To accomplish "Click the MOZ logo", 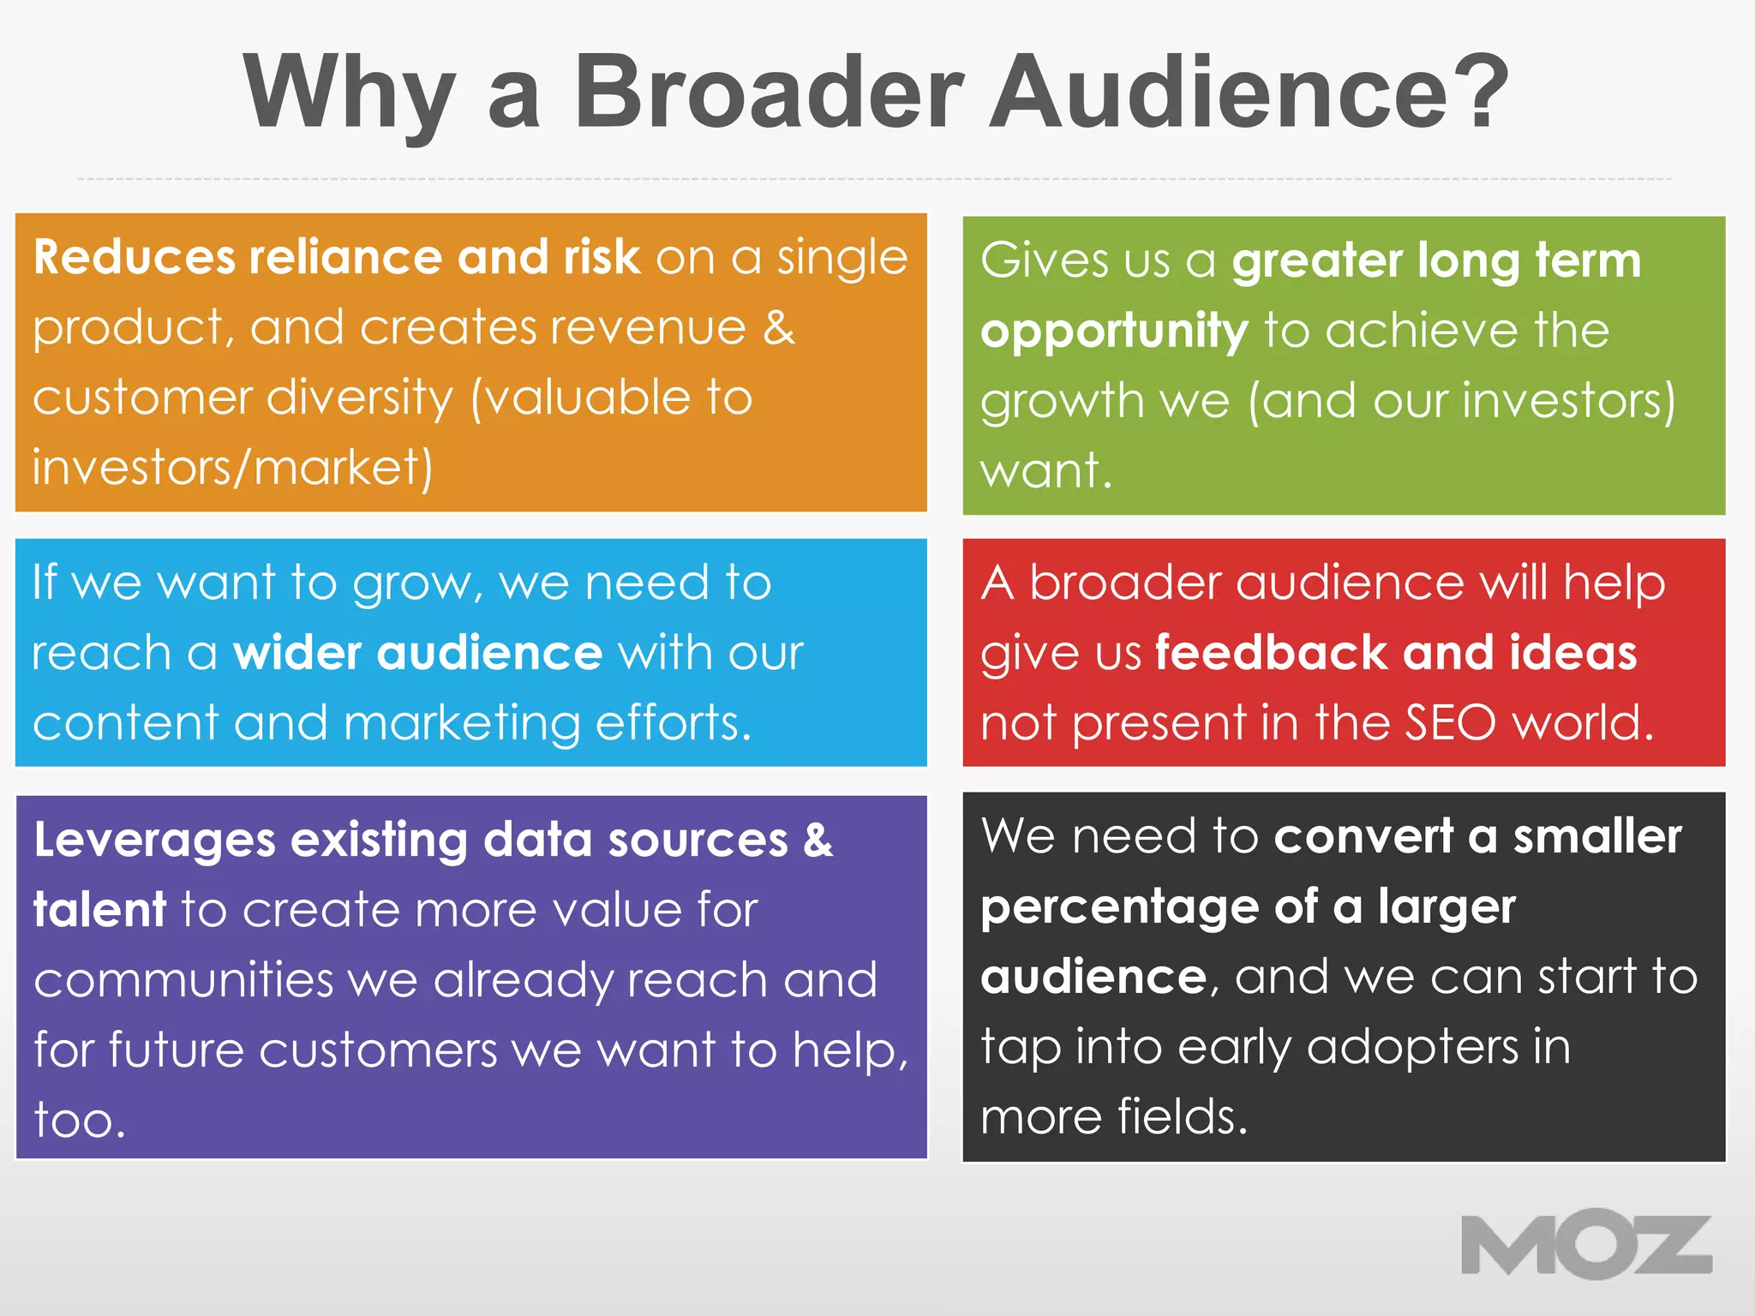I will coord(1586,1244).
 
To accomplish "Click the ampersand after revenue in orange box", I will coord(778,327).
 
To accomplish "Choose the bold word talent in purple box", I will coord(99,910).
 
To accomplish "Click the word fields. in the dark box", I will coord(1183,1117).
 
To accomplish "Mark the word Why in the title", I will coord(348,93).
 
